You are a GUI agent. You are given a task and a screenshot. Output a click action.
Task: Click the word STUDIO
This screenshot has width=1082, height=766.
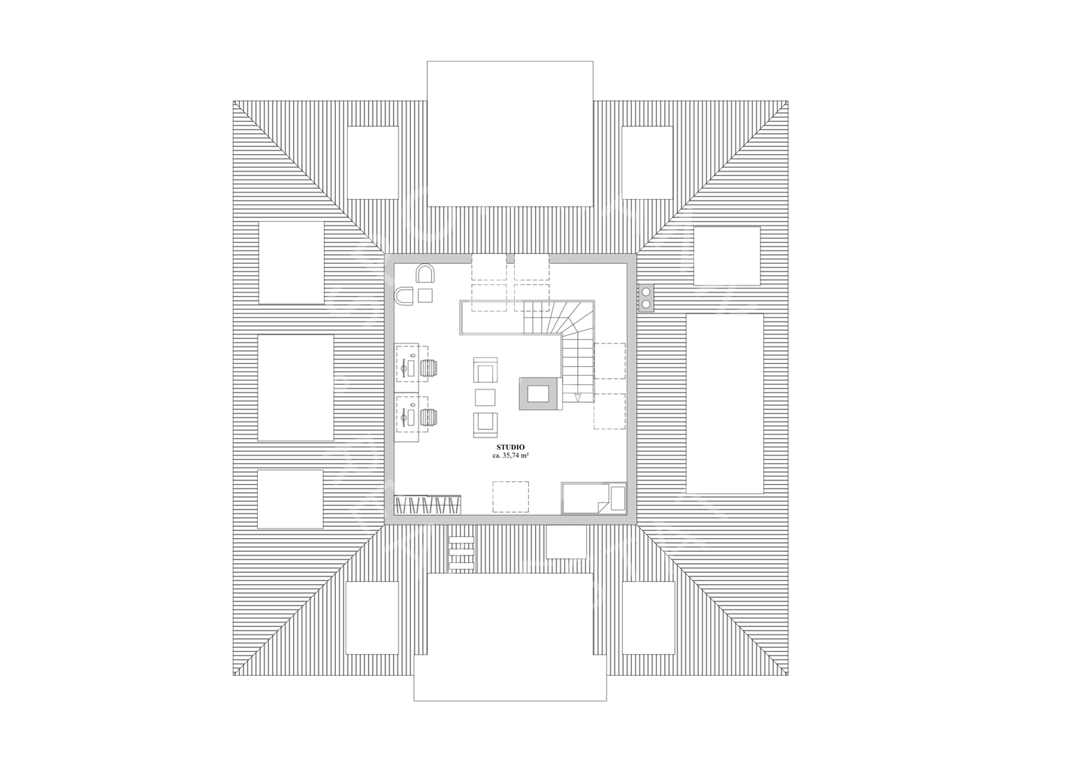coord(510,447)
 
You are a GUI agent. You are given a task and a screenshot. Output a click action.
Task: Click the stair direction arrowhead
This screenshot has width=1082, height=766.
coord(577,396)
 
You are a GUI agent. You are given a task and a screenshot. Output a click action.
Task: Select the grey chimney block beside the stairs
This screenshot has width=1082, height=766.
coord(538,394)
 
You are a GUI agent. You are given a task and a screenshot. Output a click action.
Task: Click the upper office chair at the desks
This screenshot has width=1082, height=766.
coord(429,367)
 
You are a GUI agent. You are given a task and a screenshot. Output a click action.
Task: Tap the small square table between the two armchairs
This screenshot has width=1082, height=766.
coord(485,396)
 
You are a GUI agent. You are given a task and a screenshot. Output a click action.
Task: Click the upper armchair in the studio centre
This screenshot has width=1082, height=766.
coord(485,371)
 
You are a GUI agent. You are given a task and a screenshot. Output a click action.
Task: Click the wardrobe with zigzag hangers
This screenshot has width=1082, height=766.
coord(427,504)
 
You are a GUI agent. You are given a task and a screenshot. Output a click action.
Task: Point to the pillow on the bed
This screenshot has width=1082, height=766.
coord(618,498)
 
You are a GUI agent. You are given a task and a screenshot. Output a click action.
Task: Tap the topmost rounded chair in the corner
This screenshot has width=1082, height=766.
coord(425,272)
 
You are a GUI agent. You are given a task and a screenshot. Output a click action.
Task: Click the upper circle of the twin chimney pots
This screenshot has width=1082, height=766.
coord(645,292)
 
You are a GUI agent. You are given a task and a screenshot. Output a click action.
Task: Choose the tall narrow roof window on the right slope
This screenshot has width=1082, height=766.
coord(725,403)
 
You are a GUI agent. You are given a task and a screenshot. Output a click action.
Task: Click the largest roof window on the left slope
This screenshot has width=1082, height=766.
coord(295,388)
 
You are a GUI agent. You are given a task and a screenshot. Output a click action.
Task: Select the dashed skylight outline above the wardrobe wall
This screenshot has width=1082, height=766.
coord(510,497)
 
